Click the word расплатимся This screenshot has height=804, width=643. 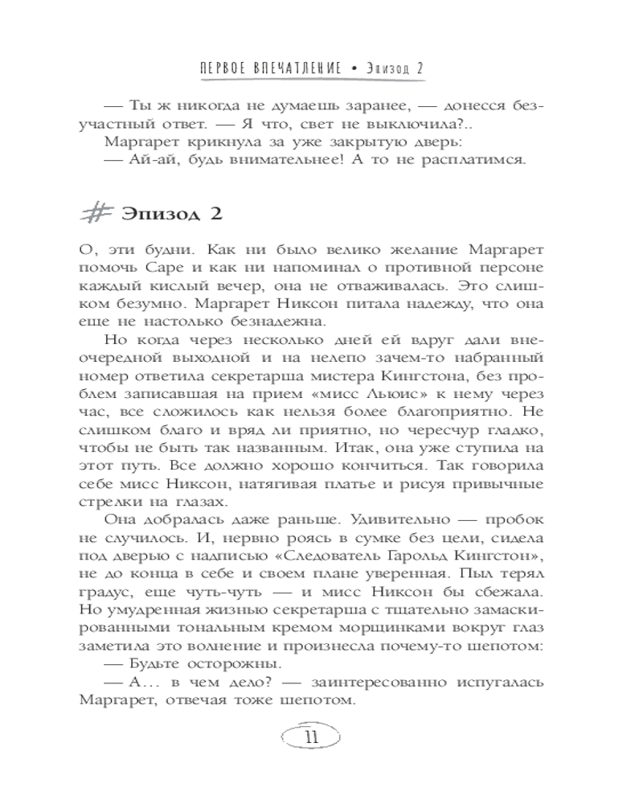click(474, 162)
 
